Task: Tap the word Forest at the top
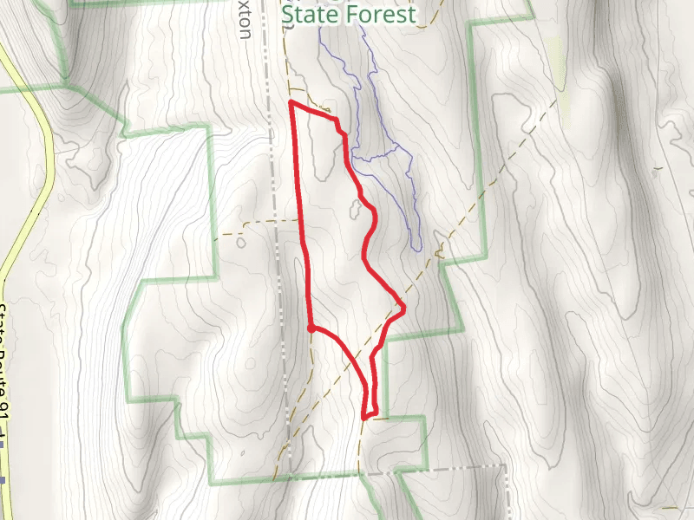(x=379, y=15)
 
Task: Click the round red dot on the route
(x=311, y=328)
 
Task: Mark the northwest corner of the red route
(x=290, y=102)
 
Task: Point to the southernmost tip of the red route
(x=364, y=418)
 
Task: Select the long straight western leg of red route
(x=301, y=217)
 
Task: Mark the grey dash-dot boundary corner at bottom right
(x=504, y=465)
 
